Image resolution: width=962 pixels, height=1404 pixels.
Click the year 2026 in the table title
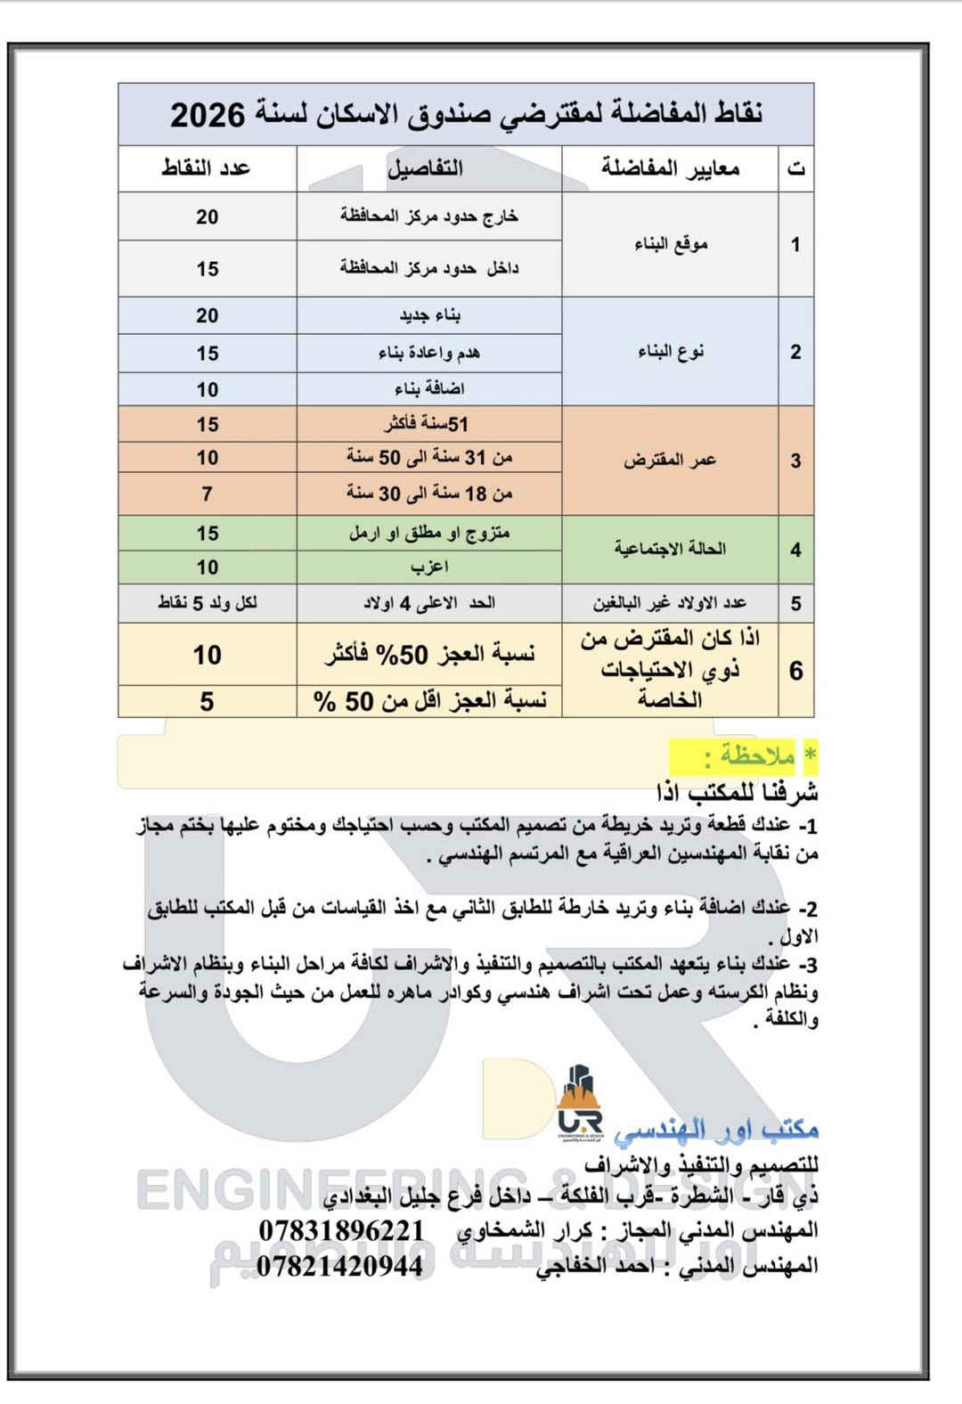[x=207, y=116]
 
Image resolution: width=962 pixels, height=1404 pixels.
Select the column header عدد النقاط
[x=207, y=168]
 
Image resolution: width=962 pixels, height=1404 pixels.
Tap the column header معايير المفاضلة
[x=670, y=168]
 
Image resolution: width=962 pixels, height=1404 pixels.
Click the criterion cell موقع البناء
[x=671, y=244]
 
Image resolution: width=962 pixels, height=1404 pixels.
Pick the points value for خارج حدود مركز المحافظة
[x=207, y=217]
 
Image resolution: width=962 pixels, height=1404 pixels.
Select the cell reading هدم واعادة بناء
[x=428, y=354]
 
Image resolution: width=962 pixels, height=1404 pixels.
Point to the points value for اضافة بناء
[x=207, y=390]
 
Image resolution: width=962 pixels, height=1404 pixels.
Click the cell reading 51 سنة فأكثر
[x=428, y=425]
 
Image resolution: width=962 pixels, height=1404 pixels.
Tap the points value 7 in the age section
[x=207, y=494]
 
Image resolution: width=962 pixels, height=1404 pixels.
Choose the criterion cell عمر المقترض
[x=670, y=461]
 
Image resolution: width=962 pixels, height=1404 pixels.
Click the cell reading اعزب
[x=428, y=567]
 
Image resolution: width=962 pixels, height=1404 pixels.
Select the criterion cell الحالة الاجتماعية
[x=670, y=549]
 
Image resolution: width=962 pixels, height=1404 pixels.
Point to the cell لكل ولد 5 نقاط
[x=207, y=603]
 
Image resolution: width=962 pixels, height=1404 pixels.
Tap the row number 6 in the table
[x=795, y=671]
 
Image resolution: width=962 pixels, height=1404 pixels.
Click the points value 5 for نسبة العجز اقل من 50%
[x=207, y=702]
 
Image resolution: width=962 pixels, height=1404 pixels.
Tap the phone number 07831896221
[x=341, y=1230]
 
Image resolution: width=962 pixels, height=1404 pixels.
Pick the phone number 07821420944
[x=341, y=1266]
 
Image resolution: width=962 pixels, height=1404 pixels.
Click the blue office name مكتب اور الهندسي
[x=716, y=1130]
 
